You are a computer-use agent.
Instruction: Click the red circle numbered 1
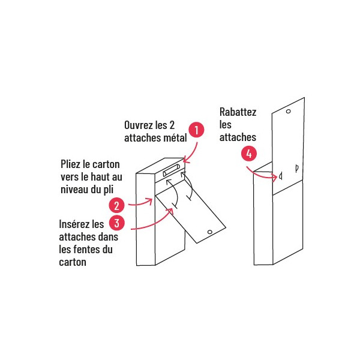(x=196, y=130)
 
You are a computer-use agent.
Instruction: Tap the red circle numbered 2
(x=116, y=205)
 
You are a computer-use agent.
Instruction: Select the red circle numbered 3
(x=116, y=223)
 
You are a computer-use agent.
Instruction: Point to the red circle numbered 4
(x=249, y=154)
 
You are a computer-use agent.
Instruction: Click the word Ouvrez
(x=139, y=125)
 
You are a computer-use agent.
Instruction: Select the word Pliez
(x=70, y=164)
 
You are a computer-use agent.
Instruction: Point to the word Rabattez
(x=238, y=112)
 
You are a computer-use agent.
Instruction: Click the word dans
(x=108, y=237)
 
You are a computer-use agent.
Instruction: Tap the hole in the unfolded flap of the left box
(x=209, y=232)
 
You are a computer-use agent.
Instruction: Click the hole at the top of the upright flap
(x=289, y=112)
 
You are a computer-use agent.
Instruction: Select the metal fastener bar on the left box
(x=172, y=170)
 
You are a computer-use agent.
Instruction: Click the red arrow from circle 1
(x=193, y=154)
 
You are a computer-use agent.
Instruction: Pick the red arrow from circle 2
(x=140, y=203)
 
